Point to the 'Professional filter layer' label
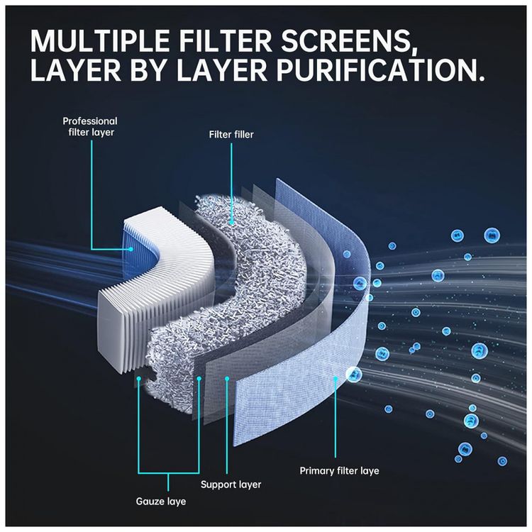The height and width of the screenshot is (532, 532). point(90,126)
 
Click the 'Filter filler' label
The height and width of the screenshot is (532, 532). point(231,135)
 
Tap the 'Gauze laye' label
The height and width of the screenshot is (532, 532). point(161,501)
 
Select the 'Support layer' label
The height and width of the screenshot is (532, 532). point(231,484)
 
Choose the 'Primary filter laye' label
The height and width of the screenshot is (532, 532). point(339,470)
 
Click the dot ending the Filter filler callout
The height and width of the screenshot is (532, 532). point(232,223)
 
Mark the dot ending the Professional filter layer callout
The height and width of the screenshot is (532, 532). point(131,250)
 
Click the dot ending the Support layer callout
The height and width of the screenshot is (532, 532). point(227,378)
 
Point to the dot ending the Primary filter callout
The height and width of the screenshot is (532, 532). point(336,378)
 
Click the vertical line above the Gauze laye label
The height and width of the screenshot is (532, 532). point(169,482)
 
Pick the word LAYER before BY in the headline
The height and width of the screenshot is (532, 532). point(75,70)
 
